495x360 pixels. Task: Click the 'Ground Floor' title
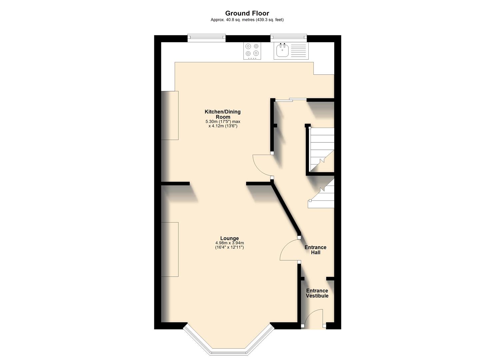tap(247, 13)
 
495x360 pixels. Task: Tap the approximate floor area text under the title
tap(247, 20)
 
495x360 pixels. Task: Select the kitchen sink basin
tap(282, 51)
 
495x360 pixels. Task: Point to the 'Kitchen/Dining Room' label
tap(222, 114)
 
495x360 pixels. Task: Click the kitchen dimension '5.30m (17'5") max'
tap(223, 122)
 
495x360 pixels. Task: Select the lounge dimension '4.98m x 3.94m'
tap(229, 243)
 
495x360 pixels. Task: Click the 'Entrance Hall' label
tap(315, 250)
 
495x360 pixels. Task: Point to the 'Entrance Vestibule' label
tap(317, 293)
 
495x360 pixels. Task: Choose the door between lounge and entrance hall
tap(289, 250)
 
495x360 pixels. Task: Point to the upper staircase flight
tap(322, 148)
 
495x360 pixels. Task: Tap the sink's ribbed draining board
tap(298, 51)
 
